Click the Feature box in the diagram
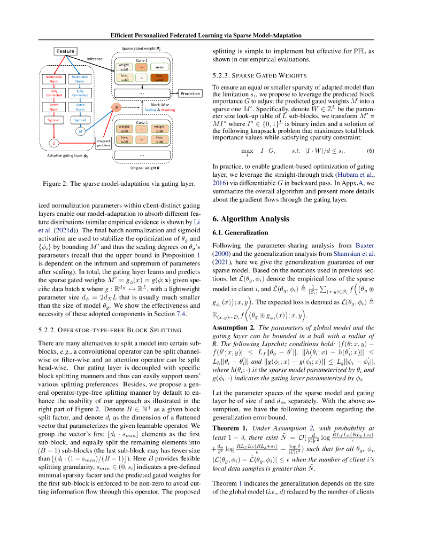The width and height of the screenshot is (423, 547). click(x=66, y=51)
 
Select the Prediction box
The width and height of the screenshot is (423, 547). click(x=190, y=93)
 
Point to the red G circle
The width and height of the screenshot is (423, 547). click(x=53, y=143)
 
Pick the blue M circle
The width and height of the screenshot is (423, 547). click(x=80, y=131)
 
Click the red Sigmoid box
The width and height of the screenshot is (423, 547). click(x=53, y=120)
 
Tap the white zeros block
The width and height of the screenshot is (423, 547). click(x=159, y=68)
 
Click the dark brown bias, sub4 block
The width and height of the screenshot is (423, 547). click(x=159, y=78)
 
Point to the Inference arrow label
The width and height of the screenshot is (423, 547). click(x=95, y=58)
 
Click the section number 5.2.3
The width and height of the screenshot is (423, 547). click(x=221, y=76)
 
